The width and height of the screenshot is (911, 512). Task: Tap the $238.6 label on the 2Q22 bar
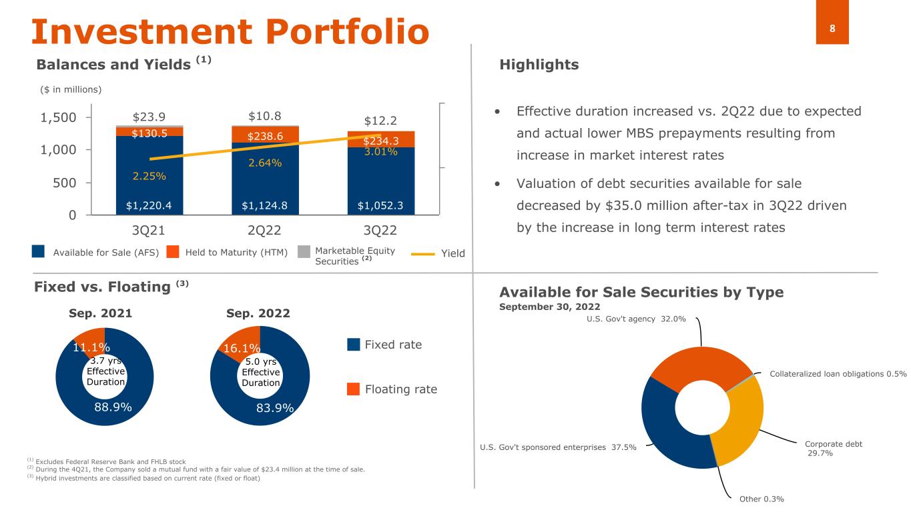[265, 137]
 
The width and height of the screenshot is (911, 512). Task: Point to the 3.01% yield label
[381, 152]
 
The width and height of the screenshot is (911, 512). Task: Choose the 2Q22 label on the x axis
[265, 231]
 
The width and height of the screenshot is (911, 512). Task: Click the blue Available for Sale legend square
[38, 252]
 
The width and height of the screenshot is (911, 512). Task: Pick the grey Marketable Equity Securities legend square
[304, 252]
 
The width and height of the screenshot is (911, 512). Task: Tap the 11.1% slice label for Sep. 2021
[91, 346]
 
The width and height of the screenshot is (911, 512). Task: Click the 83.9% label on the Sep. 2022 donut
[275, 408]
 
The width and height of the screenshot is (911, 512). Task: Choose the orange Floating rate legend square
[354, 389]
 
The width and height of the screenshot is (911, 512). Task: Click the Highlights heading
[539, 65]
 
